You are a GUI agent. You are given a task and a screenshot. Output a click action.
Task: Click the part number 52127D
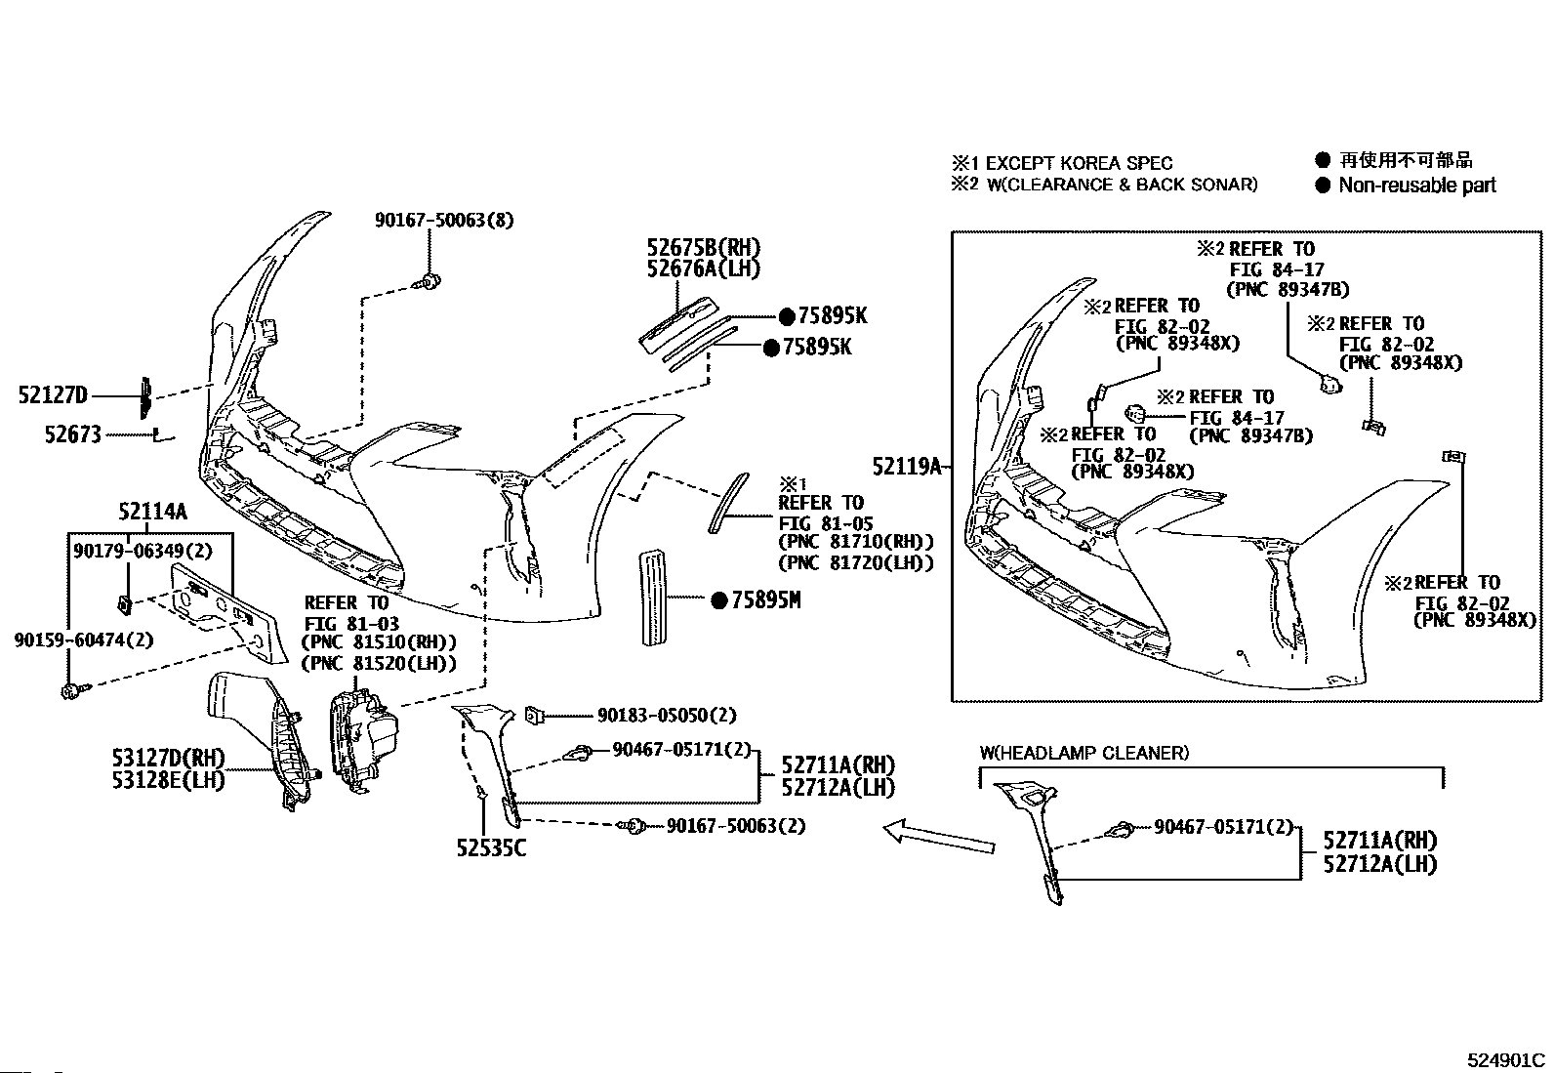pyautogui.click(x=53, y=395)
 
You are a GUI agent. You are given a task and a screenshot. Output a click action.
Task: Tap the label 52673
pyautogui.click(x=72, y=433)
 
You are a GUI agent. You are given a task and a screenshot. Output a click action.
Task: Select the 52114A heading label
pyautogui.click(x=152, y=511)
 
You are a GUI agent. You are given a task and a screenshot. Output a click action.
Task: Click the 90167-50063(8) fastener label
pyautogui.click(x=444, y=221)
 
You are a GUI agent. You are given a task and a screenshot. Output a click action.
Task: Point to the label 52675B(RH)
pyautogui.click(x=703, y=248)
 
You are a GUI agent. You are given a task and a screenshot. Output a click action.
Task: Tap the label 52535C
pyautogui.click(x=491, y=848)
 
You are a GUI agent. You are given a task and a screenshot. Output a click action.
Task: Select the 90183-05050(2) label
pyautogui.click(x=667, y=716)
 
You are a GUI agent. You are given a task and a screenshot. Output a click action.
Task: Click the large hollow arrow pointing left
pyautogui.click(x=938, y=836)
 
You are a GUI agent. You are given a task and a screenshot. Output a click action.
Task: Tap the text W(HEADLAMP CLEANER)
pyautogui.click(x=1084, y=753)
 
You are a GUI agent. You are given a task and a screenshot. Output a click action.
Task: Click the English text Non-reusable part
pyautogui.click(x=1416, y=186)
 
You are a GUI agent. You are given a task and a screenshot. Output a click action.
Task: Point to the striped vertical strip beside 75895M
pyautogui.click(x=652, y=597)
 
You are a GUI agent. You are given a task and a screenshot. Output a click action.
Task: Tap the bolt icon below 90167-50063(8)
pyautogui.click(x=428, y=282)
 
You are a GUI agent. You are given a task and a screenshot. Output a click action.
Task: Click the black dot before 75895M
pyautogui.click(x=719, y=601)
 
